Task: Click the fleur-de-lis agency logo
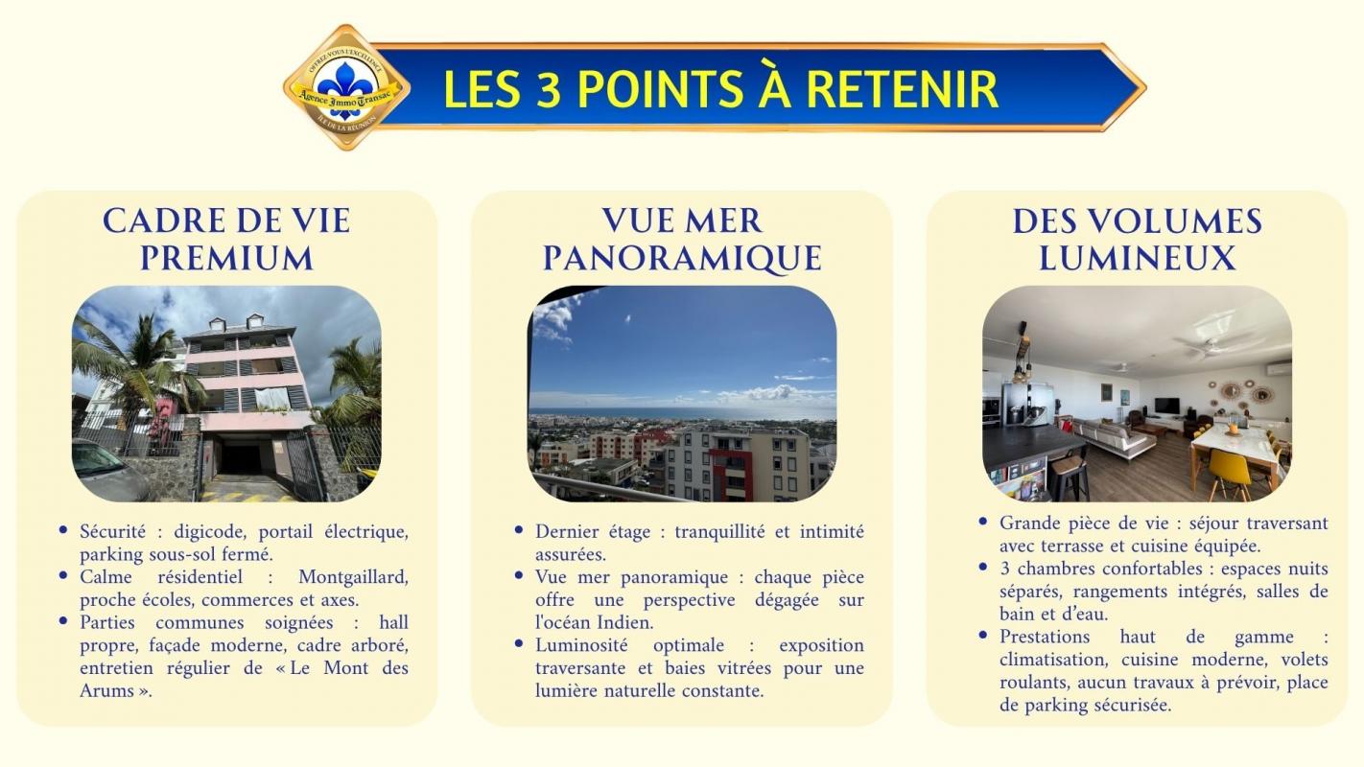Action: click(x=346, y=87)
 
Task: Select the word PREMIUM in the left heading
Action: click(x=226, y=258)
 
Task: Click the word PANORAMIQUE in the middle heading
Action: click(x=682, y=258)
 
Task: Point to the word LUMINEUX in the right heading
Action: click(x=1137, y=258)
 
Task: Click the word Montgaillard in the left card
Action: click(x=353, y=577)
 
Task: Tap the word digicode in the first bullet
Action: click(x=210, y=532)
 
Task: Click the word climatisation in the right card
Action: click(x=1056, y=660)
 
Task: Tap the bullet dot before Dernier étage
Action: click(x=519, y=530)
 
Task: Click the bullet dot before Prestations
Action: click(x=983, y=636)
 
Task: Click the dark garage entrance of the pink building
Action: click(x=243, y=455)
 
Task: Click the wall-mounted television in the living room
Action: click(x=1166, y=405)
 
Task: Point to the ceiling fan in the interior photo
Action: click(x=1211, y=346)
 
